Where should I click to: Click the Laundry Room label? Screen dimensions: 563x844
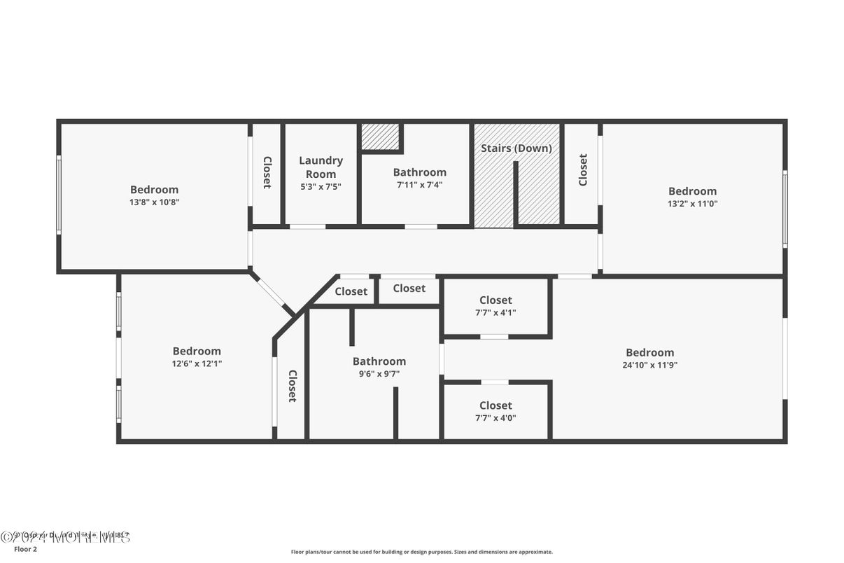click(321, 167)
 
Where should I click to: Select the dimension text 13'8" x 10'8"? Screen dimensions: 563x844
click(154, 202)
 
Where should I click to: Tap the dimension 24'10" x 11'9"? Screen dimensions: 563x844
click(650, 365)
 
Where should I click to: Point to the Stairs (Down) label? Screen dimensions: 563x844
click(516, 148)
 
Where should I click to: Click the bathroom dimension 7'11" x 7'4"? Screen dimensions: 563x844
click(419, 186)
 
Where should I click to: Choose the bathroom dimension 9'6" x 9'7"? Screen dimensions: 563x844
click(379, 374)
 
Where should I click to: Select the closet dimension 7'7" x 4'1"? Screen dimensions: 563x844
click(495, 313)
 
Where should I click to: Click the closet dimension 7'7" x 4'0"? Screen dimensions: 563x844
click(495, 418)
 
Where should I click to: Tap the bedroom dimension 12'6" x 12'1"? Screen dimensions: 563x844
click(197, 363)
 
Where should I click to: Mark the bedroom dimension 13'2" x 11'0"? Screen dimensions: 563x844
click(692, 204)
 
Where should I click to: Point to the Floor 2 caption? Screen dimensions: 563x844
click(25, 550)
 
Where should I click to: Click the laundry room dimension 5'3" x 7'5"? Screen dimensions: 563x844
click(321, 186)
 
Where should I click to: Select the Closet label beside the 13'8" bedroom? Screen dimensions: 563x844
click(267, 172)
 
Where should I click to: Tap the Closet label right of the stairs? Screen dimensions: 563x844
click(582, 169)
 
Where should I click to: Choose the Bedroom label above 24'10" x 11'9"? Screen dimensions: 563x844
click(650, 352)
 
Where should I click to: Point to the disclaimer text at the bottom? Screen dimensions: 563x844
click(421, 552)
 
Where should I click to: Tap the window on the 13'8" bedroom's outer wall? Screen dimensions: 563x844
click(59, 194)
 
